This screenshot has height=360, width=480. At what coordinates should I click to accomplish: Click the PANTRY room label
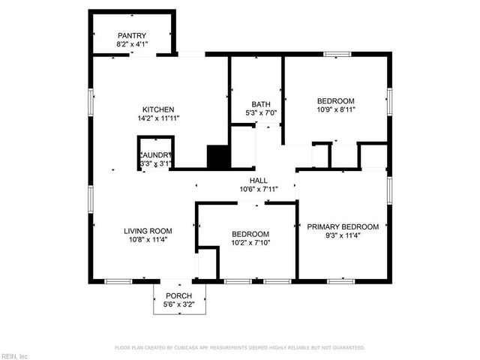132,35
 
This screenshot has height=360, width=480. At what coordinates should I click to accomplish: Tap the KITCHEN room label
159,109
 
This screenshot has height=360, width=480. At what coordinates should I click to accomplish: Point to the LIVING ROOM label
148,231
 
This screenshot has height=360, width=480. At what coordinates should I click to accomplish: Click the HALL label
259,181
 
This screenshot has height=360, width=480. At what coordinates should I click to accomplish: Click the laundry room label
156,154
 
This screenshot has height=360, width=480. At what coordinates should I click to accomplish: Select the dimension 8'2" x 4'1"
132,44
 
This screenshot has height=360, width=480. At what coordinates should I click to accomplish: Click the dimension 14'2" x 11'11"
158,118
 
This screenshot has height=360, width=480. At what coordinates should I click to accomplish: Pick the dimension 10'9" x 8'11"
335,109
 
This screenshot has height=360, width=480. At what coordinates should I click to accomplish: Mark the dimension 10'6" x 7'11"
259,190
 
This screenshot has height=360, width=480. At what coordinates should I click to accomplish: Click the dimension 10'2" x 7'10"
250,243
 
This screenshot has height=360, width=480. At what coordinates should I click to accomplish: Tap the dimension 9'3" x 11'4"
343,235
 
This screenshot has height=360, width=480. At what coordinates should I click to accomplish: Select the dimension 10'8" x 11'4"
148,240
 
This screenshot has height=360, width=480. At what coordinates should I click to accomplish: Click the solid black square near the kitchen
217,157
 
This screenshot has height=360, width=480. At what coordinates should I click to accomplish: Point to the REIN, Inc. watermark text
14,355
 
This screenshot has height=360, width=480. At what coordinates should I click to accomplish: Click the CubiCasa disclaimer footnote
240,348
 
